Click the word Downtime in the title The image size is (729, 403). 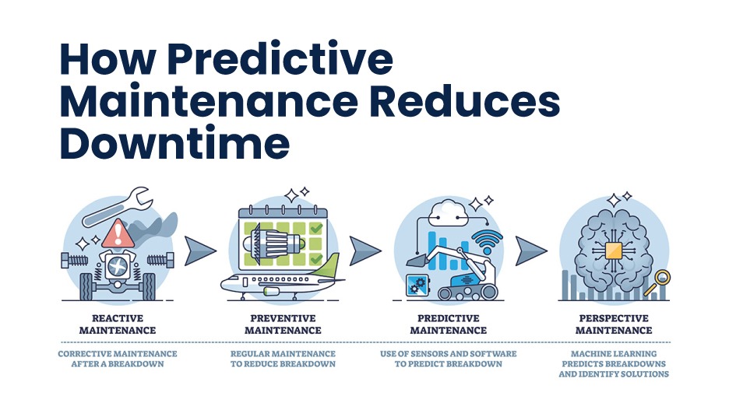[x=174, y=142]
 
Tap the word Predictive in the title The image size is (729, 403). [x=280, y=59]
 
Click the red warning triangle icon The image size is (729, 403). [x=118, y=233]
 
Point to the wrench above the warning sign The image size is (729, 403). [x=118, y=207]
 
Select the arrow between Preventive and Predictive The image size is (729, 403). [x=365, y=251]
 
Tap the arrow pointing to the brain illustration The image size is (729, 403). [x=531, y=251]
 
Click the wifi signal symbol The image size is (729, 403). [x=487, y=241]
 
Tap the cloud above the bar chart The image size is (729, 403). [x=449, y=213]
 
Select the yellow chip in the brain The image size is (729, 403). [x=614, y=251]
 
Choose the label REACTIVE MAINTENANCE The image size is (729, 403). [x=118, y=324]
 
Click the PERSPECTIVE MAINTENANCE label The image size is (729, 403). [x=614, y=324]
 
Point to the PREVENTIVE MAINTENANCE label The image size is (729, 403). [x=283, y=324]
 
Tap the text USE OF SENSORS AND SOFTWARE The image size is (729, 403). [x=448, y=354]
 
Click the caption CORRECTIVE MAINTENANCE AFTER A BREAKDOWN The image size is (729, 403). [x=118, y=359]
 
